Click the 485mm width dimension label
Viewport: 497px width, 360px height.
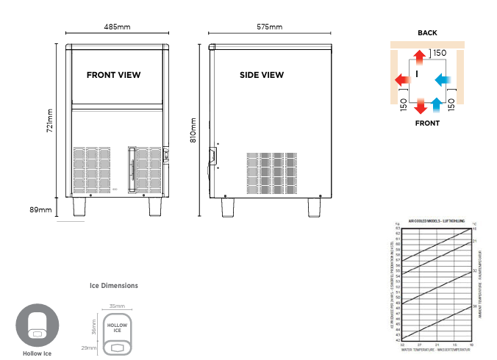pyautogui.click(x=117, y=27)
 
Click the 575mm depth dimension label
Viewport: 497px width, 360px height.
pyautogui.click(x=269, y=27)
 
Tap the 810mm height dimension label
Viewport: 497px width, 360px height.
pyautogui.click(x=193, y=130)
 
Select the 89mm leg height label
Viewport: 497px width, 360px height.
pyautogui.click(x=40, y=210)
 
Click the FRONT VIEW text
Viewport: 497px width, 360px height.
pyautogui.click(x=113, y=75)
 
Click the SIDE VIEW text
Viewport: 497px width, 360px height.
pyautogui.click(x=261, y=75)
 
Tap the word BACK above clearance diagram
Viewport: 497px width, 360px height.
pyautogui.click(x=427, y=33)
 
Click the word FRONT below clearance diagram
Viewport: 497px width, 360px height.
pyautogui.click(x=427, y=123)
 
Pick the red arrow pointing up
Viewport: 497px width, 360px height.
pyautogui.click(x=418, y=57)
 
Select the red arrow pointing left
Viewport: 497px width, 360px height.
pyautogui.click(x=401, y=79)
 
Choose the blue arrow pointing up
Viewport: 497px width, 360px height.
pyautogui.click(x=437, y=104)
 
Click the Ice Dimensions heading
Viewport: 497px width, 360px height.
pyautogui.click(x=113, y=286)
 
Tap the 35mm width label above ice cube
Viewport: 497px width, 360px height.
pyautogui.click(x=117, y=306)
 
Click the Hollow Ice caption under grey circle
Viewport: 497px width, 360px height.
pyautogui.click(x=37, y=353)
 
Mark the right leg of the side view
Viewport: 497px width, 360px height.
pyautogui.click(x=315, y=207)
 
